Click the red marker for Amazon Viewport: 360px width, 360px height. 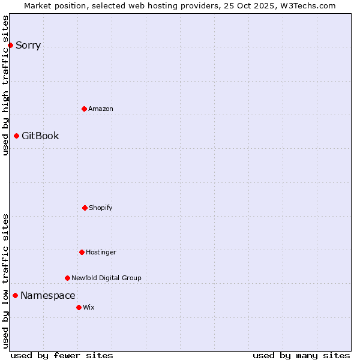point(84,109)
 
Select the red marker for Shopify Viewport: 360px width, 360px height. point(85,208)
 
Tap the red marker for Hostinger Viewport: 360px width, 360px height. point(82,252)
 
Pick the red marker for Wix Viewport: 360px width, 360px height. point(79,307)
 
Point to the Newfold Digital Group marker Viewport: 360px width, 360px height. point(67,278)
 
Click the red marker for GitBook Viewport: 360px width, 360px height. point(16,136)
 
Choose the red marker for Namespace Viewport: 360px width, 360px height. point(15,295)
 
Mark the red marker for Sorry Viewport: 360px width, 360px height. point(10,45)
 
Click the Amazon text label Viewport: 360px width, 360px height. point(101,109)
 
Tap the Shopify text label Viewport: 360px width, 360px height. point(101,208)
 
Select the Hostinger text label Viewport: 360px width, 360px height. point(101,252)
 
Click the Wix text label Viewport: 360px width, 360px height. point(89,307)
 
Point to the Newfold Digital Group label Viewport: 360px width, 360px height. point(106,278)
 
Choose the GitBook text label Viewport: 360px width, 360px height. point(40,136)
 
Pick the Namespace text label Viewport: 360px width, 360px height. point(48,295)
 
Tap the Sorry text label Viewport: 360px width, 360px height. point(28,45)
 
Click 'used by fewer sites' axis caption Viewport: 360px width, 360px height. point(62,355)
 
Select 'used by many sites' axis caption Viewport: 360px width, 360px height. point(301,355)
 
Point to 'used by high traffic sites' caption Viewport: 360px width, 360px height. point(5,85)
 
